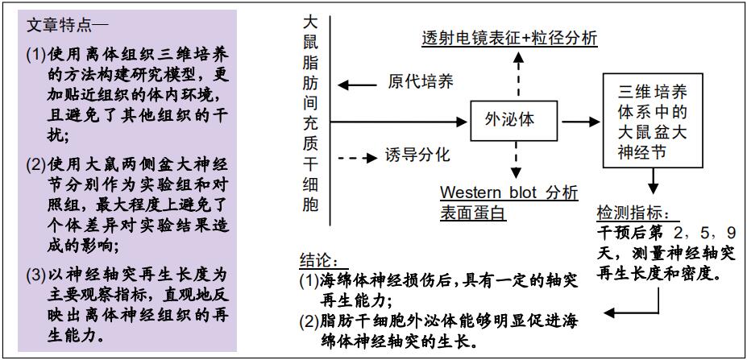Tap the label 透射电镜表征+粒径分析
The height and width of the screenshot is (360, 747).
tap(510, 38)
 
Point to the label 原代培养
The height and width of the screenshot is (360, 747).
tap(421, 82)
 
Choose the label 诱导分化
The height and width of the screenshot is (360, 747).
tap(417, 155)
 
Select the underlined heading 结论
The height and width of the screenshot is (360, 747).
tap(320, 260)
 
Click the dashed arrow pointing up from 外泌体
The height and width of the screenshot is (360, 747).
tap(518, 74)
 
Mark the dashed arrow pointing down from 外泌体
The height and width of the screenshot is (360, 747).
tap(516, 161)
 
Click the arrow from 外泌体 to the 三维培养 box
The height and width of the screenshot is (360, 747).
tap(581, 122)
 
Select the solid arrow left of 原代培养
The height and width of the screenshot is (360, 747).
tap(357, 85)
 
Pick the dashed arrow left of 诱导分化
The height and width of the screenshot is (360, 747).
tap(357, 158)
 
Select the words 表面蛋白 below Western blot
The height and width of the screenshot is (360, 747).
tap(472, 213)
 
